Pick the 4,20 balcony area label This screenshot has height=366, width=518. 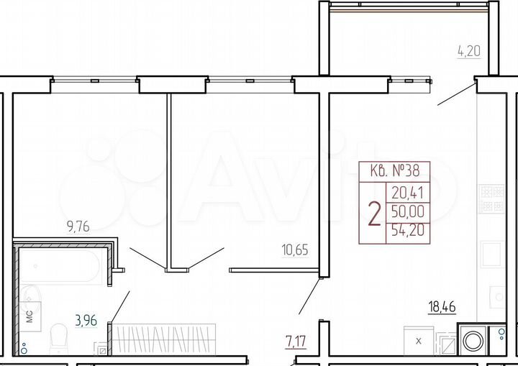468,51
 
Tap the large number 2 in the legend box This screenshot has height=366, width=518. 374,214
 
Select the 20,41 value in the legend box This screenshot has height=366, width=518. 408,192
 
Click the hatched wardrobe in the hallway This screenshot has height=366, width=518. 165,338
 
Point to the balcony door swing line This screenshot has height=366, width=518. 456,95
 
